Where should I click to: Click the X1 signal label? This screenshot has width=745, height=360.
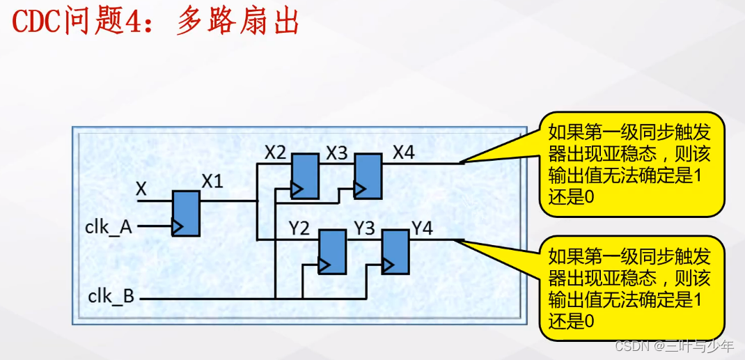(x=212, y=182)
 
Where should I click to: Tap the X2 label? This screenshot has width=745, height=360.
(x=276, y=152)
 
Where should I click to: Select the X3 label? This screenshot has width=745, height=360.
(x=337, y=152)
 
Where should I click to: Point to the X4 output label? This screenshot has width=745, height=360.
(x=404, y=152)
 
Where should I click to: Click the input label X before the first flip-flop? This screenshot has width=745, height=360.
(x=141, y=188)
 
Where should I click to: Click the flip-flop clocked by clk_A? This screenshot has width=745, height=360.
(x=186, y=213)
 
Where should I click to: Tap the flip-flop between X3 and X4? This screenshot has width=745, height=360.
(x=367, y=175)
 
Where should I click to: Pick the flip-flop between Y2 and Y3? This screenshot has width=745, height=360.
(x=331, y=251)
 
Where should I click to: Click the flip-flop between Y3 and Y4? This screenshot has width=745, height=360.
(x=395, y=251)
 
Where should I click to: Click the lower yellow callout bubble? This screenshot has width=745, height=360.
(x=632, y=288)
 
